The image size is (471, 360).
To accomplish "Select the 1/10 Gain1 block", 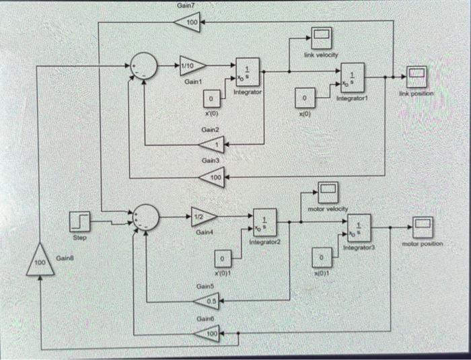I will click(192, 65).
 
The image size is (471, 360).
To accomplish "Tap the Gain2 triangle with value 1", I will click(213, 144).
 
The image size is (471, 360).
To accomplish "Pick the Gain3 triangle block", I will click(213, 178).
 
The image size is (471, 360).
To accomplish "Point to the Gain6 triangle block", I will click(208, 332).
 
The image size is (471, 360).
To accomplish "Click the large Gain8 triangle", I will click(41, 260).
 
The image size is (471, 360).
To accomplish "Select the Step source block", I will click(80, 221).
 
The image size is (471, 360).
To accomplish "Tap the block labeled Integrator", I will click(247, 69).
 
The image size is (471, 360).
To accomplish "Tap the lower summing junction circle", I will click(146, 217).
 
